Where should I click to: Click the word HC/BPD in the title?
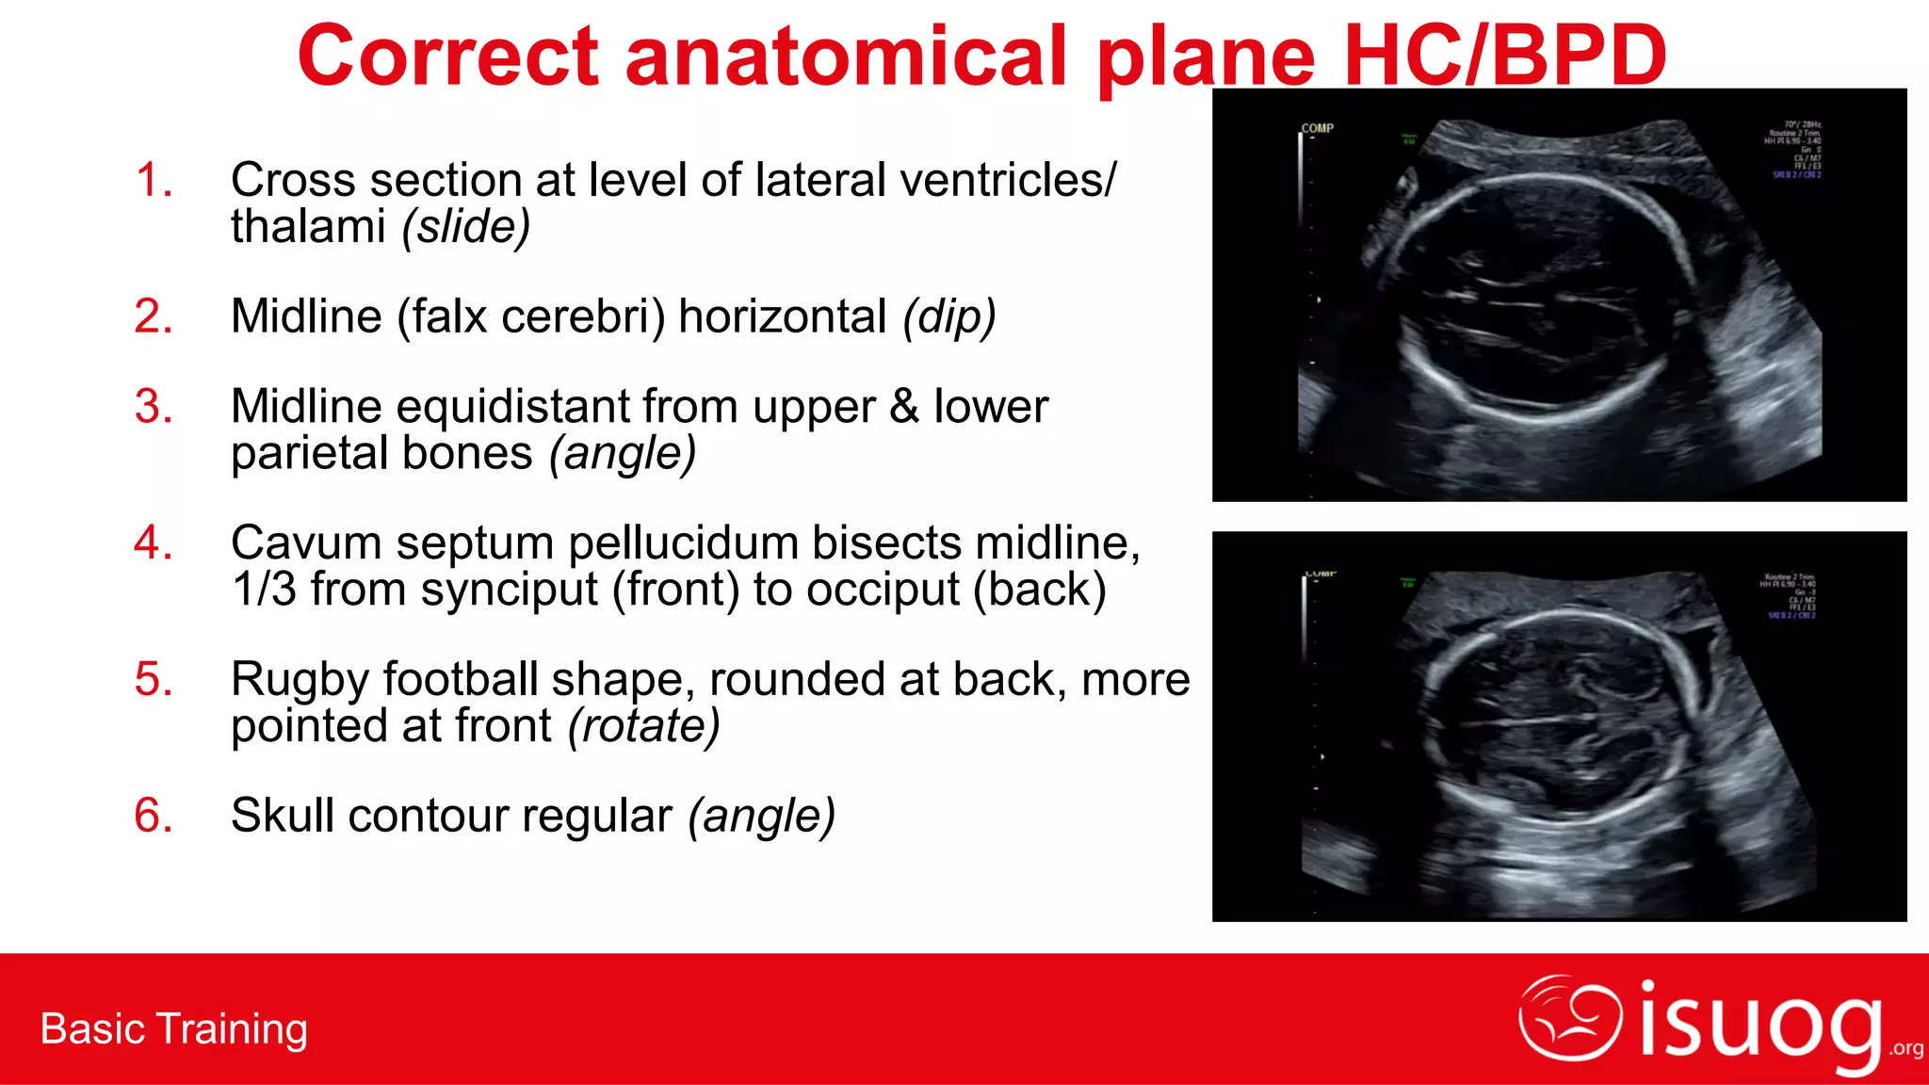click(x=1504, y=57)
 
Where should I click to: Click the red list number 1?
click(x=154, y=180)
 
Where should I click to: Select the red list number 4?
click(x=154, y=543)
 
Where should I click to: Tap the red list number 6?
click(x=154, y=816)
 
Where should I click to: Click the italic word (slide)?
click(x=465, y=227)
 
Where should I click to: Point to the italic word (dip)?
click(x=948, y=317)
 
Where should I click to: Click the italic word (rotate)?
click(x=643, y=726)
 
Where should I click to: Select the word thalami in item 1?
click(x=308, y=227)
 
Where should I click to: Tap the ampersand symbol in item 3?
click(x=903, y=407)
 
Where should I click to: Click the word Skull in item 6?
click(x=282, y=816)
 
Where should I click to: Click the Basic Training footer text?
click(x=174, y=1029)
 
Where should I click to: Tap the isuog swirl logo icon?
click(x=1569, y=1018)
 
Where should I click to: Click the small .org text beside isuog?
click(x=1906, y=1049)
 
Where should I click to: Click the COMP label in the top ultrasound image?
click(x=1317, y=128)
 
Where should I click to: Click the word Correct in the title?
click(x=447, y=57)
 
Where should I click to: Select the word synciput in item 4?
click(x=509, y=591)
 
